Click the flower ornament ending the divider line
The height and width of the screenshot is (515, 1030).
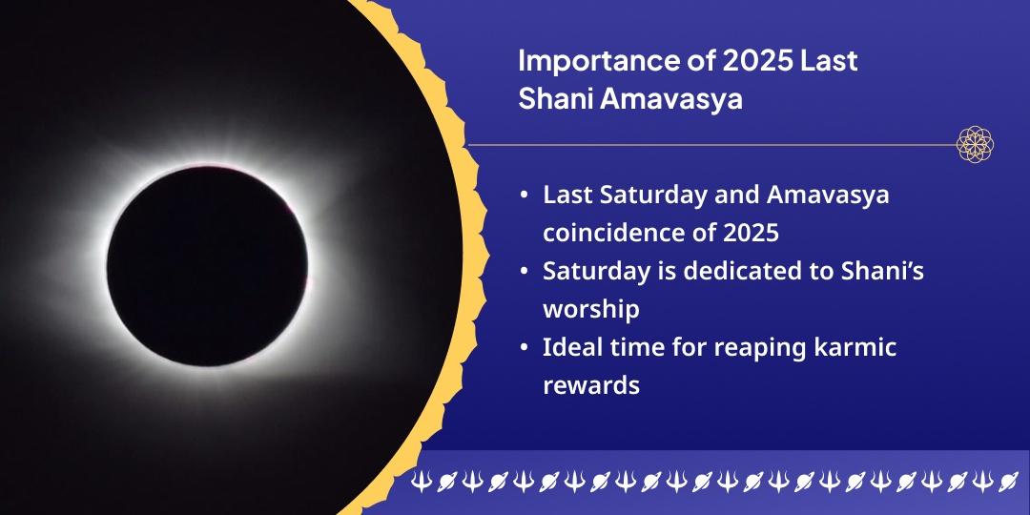tap(975, 145)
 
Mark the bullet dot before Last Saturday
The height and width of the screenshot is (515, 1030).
tap(525, 196)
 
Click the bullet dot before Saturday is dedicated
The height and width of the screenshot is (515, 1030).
tap(525, 272)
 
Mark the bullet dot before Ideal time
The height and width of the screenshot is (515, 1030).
tap(525, 348)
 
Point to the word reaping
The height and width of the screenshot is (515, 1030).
tap(742, 349)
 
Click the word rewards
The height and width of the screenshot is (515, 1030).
tap(590, 386)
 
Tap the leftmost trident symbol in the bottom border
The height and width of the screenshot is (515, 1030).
tap(421, 483)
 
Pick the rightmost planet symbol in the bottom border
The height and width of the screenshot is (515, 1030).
tap(1008, 483)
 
